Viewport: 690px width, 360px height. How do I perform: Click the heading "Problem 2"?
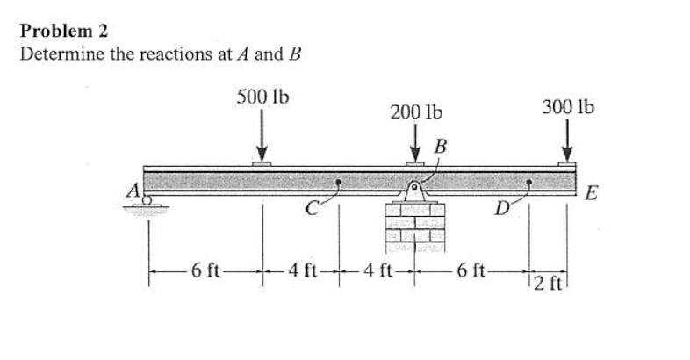[x=64, y=31]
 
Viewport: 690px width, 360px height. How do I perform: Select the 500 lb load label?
[x=262, y=96]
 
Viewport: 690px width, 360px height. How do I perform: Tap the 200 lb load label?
[x=415, y=112]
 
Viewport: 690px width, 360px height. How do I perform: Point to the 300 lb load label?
[x=567, y=107]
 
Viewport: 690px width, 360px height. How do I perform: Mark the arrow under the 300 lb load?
[x=567, y=140]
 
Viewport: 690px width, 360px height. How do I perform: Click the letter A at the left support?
[x=134, y=190]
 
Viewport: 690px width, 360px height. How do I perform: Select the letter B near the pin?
[x=441, y=144]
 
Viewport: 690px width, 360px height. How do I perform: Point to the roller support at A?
[x=147, y=204]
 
